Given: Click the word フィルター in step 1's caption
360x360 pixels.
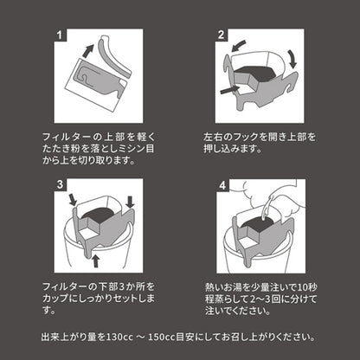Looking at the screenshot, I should coord(61,136).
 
